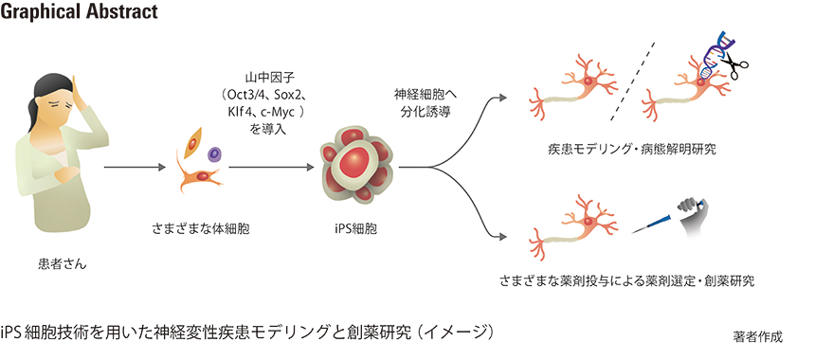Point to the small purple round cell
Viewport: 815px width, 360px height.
[x=214, y=152]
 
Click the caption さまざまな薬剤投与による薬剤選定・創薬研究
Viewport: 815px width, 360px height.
[x=627, y=282]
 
